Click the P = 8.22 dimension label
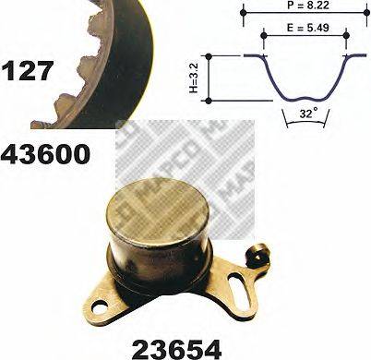[x=305, y=7]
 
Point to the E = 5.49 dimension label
[x=305, y=28]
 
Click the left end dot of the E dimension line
[x=264, y=36]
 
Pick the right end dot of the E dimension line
[x=346, y=36]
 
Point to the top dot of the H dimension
[x=209, y=56]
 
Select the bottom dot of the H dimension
[x=209, y=100]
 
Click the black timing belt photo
[x=92, y=55]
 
